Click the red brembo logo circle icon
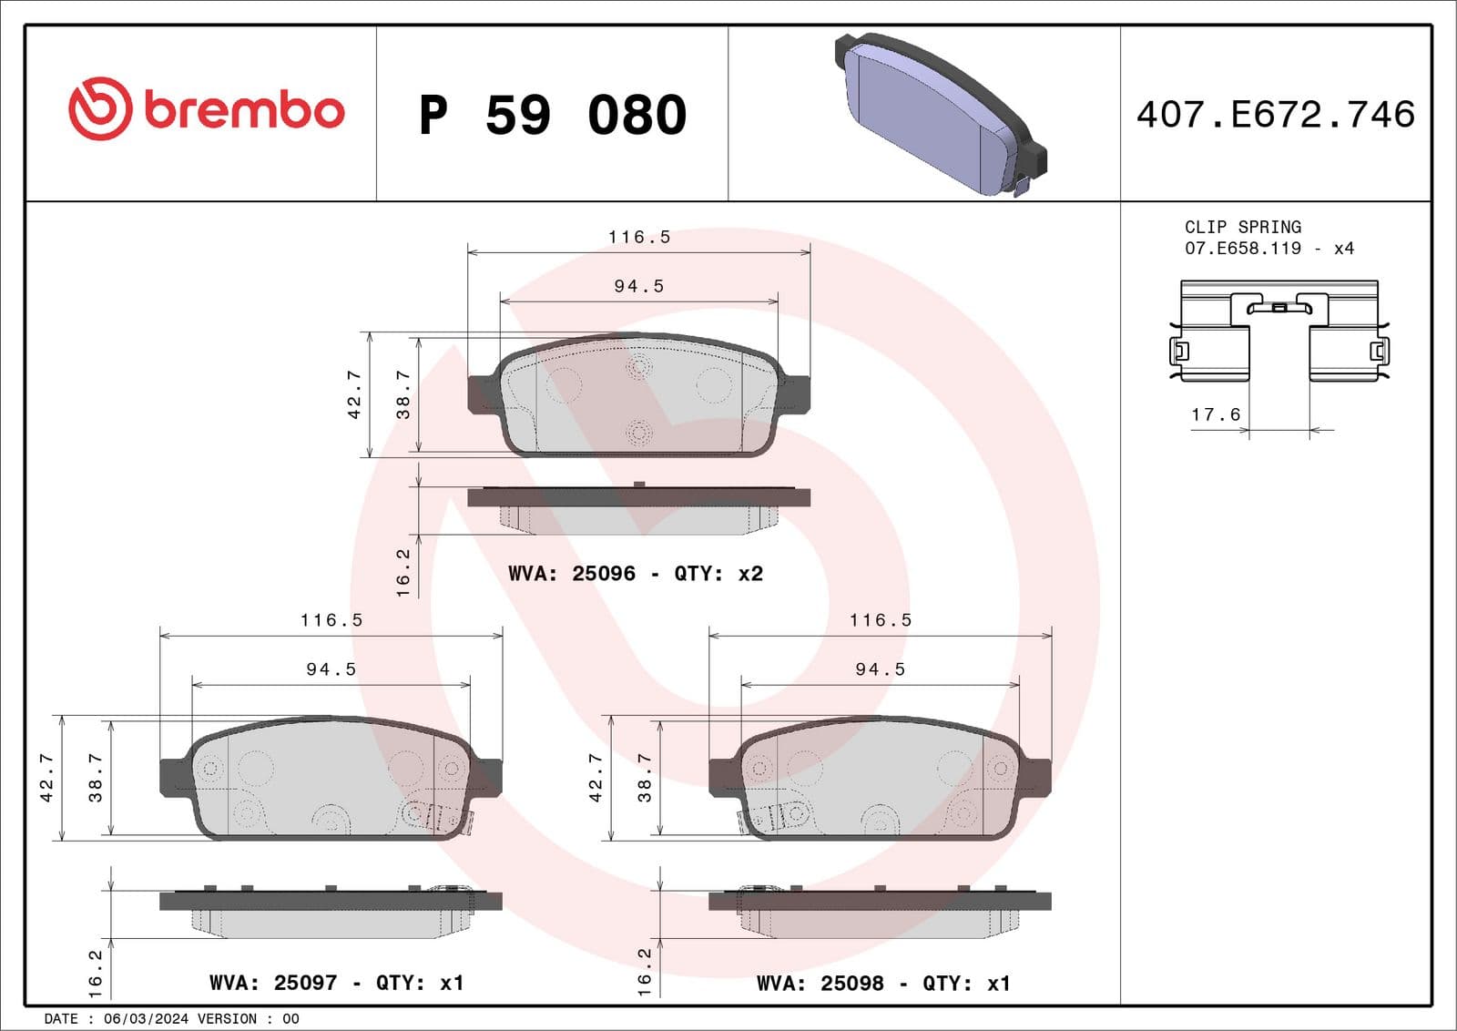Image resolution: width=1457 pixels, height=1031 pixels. click(x=100, y=108)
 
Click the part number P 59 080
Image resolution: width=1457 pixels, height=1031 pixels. click(x=553, y=116)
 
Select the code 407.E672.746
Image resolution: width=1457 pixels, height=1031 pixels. click(x=1275, y=115)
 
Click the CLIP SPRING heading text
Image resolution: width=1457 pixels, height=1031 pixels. click(x=1242, y=227)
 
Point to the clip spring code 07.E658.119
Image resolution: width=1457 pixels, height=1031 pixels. click(x=1243, y=249)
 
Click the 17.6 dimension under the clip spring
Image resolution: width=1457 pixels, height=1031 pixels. click(x=1216, y=415)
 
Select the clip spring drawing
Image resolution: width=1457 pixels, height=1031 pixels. click(x=1279, y=332)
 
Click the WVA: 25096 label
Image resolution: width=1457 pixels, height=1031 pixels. click(x=572, y=574)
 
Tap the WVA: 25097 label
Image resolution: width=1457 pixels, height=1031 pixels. click(x=273, y=984)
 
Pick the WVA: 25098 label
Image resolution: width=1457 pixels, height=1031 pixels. click(x=820, y=984)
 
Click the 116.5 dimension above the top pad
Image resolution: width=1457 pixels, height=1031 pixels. click(x=639, y=238)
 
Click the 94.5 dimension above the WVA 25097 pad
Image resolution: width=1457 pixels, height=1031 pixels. click(x=331, y=669)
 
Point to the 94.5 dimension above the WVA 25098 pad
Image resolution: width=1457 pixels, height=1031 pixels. click(x=881, y=669)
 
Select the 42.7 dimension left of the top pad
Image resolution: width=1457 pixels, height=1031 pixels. click(x=354, y=394)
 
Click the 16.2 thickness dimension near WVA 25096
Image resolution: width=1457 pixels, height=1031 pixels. click(x=402, y=572)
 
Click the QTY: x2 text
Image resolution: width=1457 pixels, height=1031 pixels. click(x=718, y=574)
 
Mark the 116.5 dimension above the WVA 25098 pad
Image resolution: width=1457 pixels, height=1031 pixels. click(x=881, y=620)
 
